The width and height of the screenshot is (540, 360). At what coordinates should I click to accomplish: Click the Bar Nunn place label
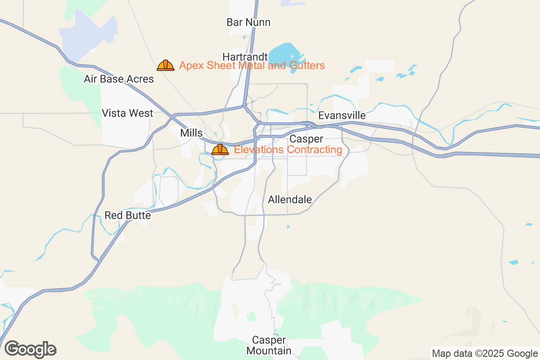248,22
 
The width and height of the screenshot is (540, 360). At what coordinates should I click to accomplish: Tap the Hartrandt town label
245,57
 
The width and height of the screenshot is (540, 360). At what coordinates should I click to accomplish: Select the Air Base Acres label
119,79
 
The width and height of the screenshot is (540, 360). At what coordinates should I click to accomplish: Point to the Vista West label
127,113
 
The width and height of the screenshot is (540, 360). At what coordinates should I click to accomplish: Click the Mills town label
191,133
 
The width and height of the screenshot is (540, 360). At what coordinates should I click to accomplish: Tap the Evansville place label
342,116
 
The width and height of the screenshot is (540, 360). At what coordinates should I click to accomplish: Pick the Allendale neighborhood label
290,199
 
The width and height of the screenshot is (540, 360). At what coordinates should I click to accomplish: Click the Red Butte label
127,216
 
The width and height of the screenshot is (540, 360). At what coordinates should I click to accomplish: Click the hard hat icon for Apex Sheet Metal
166,66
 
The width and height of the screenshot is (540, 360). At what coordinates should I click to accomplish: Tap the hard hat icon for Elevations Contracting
220,149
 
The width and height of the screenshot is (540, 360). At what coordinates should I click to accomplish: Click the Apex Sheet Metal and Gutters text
252,66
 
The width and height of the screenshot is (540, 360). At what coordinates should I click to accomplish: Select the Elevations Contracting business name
288,149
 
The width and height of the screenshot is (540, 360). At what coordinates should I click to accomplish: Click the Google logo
31,349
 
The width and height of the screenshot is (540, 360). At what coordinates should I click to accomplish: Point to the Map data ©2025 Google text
485,353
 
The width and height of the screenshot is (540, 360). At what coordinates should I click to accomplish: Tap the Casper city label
306,139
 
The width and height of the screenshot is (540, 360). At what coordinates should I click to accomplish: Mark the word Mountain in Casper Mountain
269,351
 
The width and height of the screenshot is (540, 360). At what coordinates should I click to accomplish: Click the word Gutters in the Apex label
308,66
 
